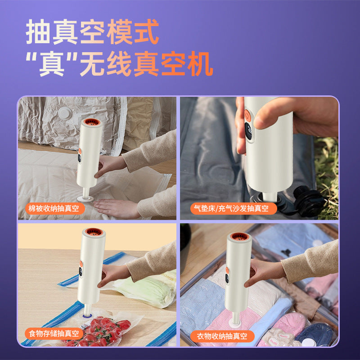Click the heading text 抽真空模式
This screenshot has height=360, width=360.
(x=92, y=31)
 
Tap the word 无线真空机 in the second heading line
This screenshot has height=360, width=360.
(x=146, y=63)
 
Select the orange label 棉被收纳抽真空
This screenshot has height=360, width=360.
(x=55, y=208)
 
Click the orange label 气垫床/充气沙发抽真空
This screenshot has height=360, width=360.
(x=234, y=208)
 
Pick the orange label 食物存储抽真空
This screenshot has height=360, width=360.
(x=54, y=333)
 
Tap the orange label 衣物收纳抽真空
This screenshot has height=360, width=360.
(x=222, y=336)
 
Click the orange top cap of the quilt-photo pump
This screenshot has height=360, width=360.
(x=92, y=121)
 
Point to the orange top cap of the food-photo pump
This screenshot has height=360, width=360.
(x=94, y=232)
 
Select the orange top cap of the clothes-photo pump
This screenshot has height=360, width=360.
(x=239, y=236)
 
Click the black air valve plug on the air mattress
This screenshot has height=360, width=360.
(x=308, y=201)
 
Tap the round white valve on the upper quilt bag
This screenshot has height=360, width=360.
(x=65, y=113)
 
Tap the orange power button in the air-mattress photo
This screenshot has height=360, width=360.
(x=247, y=115)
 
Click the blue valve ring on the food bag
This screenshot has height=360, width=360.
(x=87, y=316)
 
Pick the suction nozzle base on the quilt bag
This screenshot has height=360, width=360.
(x=85, y=198)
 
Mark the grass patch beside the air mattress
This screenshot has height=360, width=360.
(x=327, y=177)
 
